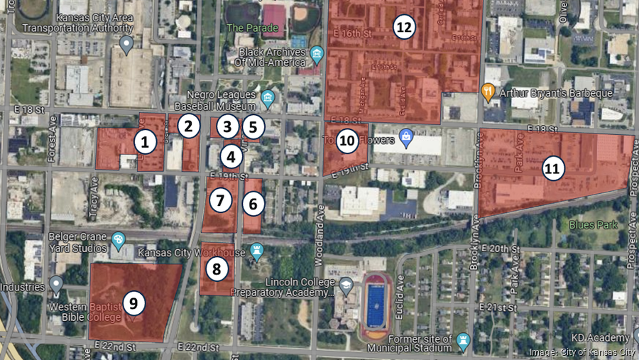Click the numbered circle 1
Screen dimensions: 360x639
coord(145,142)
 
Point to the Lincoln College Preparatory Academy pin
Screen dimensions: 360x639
coord(346,285)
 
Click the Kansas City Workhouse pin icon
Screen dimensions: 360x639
coord(257,251)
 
